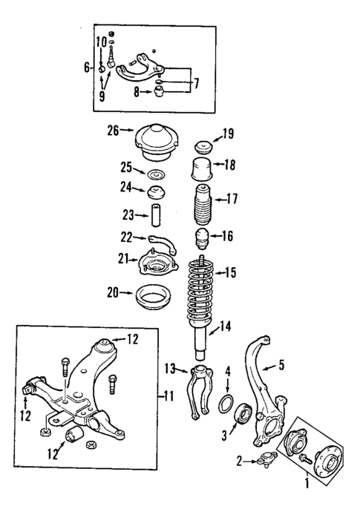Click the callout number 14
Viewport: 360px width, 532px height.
point(224,325)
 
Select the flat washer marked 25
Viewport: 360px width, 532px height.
point(156,176)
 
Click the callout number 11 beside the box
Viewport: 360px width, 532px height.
point(168,395)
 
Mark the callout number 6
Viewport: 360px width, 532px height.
point(88,68)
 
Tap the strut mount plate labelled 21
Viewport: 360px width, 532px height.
point(157,263)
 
